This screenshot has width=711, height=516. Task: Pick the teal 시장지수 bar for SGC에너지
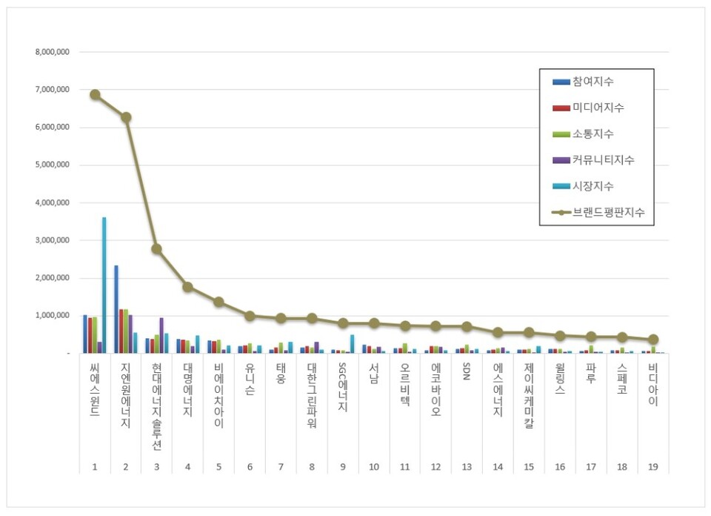353,344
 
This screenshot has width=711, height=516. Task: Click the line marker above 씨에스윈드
95,94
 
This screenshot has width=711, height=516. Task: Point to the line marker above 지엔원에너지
126,117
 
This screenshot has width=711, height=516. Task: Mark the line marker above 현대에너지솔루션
157,249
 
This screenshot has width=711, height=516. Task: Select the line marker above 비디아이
653,340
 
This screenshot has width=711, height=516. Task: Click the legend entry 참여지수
592,82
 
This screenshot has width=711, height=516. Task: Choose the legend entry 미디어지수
598,107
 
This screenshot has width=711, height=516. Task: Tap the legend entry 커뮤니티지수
603,160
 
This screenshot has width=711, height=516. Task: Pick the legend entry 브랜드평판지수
608,212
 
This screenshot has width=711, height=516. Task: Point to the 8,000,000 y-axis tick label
52,53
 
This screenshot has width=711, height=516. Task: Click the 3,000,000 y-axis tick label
52,240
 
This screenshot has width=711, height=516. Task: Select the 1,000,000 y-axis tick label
52,316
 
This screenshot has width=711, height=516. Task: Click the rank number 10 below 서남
374,467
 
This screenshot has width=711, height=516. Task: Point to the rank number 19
652,467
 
